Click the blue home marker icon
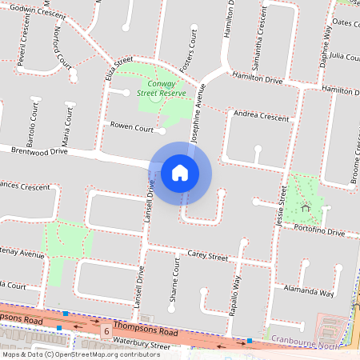pyautogui.click(x=180, y=173)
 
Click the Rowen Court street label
pyautogui.click(x=132, y=126)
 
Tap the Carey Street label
pyautogui.click(x=207, y=256)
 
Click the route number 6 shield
pyautogui.click(x=105, y=330)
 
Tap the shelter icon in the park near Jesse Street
pyautogui.click(x=306, y=209)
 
